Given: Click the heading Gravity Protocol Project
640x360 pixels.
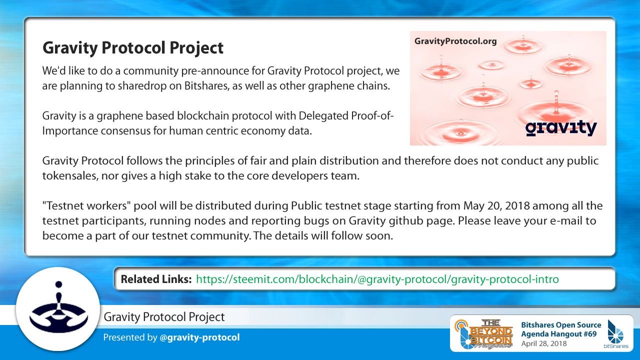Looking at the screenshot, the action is [133, 47].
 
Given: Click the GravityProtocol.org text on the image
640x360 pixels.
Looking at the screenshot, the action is [455, 41].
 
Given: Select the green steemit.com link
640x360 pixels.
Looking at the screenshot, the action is [377, 279].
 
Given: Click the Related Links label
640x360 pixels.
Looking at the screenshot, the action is [156, 279].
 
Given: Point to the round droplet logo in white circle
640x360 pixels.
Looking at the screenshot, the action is [58, 308].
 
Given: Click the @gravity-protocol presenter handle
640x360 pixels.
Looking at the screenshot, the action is [199, 337].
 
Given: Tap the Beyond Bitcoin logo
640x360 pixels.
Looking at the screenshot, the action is [483, 333].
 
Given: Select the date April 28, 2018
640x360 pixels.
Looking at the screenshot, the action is [544, 343].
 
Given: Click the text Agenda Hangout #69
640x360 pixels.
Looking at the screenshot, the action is [559, 334].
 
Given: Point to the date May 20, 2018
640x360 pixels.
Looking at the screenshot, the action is [496, 205].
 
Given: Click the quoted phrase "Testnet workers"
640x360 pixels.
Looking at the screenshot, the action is [86, 205].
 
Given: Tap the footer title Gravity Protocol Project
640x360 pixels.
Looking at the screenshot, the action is [164, 317].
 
